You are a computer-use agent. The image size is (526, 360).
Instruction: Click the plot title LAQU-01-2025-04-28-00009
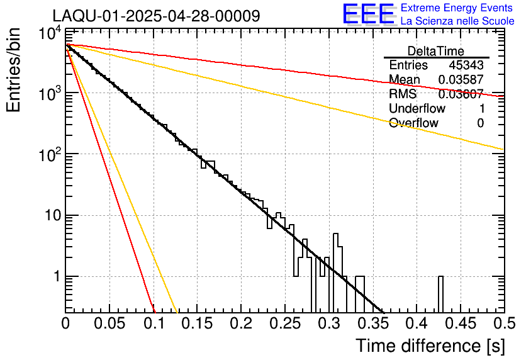(156, 16)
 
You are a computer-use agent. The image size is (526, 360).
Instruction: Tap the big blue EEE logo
(367, 14)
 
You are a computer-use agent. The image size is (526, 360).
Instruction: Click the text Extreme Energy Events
(457, 8)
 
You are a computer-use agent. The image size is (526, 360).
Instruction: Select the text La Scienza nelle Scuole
(457, 21)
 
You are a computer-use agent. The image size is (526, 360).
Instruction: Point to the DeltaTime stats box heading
(435, 51)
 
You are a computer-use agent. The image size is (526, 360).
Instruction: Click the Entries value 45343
(466, 65)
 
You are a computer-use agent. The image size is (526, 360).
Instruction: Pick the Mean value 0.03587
(461, 80)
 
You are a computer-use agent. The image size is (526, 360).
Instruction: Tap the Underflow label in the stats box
(417, 109)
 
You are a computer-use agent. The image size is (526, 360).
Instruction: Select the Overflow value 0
(480, 123)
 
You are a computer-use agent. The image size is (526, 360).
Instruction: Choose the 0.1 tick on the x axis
(154, 323)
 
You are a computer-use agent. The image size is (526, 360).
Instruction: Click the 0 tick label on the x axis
(66, 323)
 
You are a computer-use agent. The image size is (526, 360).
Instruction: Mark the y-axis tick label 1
(55, 277)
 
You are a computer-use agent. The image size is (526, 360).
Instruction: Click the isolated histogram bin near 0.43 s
(440, 293)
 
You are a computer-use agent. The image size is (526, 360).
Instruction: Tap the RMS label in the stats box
(403, 94)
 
